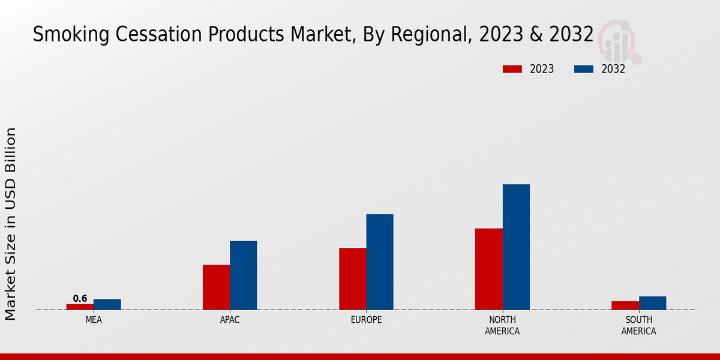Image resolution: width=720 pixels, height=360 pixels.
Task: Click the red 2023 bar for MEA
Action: (80, 307)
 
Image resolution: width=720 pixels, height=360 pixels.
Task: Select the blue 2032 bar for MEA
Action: (107, 304)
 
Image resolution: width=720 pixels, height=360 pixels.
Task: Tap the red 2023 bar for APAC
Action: (216, 287)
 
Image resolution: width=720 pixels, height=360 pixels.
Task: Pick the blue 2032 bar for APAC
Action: (244, 275)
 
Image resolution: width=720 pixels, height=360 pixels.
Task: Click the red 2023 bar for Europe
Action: (352, 278)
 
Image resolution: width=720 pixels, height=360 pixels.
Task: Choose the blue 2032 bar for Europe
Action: (380, 262)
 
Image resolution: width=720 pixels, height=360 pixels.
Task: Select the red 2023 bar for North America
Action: (488, 269)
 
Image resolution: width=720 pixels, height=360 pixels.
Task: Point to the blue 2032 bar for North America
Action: (516, 247)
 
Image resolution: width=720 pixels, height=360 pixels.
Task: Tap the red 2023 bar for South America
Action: (625, 305)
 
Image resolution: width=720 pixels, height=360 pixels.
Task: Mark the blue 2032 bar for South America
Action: (653, 303)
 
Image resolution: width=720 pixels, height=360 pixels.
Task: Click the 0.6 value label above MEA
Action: (80, 298)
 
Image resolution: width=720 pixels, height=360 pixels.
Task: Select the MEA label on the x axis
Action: (94, 320)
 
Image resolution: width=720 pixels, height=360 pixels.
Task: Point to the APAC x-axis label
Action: (230, 320)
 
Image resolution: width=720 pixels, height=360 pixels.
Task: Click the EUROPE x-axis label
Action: (366, 320)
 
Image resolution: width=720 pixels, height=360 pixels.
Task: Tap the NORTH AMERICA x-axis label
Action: (502, 325)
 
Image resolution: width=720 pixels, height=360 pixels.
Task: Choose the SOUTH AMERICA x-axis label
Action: (638, 325)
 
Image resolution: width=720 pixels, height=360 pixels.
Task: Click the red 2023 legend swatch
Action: (512, 69)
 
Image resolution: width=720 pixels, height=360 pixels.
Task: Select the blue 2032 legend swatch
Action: (584, 69)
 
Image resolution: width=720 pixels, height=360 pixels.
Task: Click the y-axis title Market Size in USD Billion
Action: (11, 223)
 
